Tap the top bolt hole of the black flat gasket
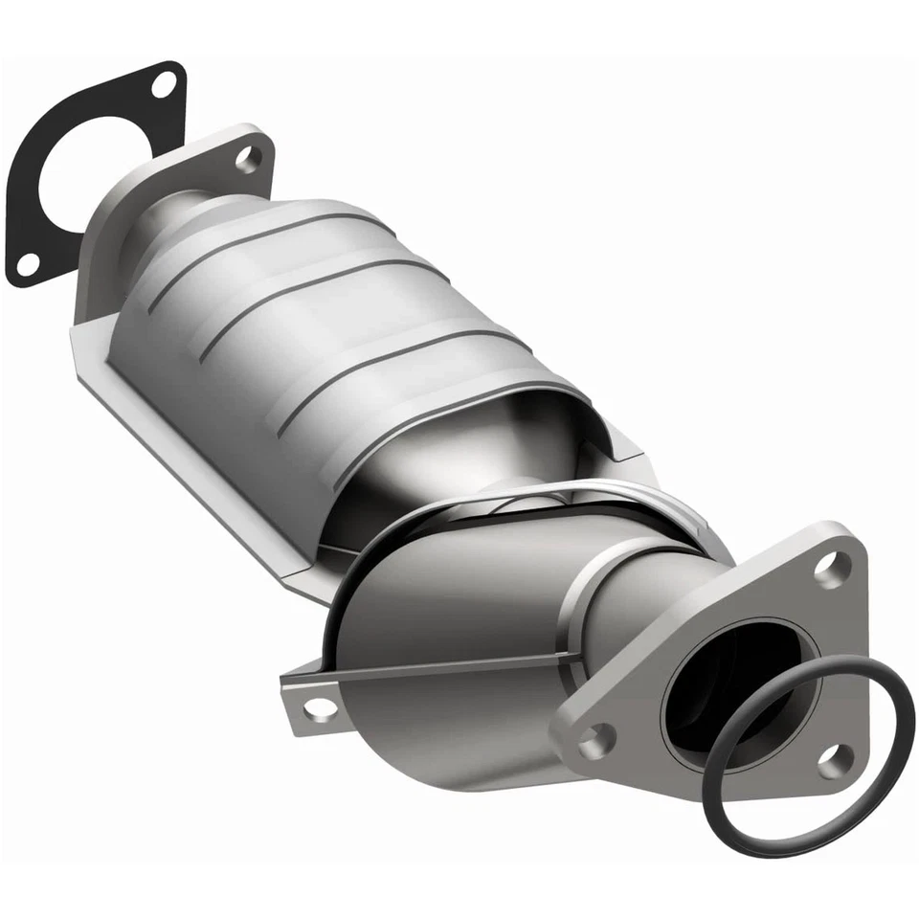(164, 83)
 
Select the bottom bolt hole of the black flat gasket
(28, 261)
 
